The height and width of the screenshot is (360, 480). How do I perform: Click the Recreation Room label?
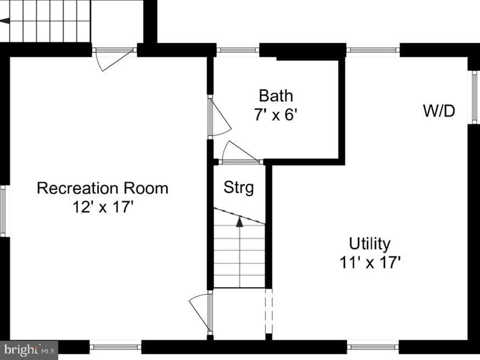coord(103,188)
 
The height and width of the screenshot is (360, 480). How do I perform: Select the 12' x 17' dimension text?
coord(103,207)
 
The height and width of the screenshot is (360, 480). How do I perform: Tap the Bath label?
coord(276,95)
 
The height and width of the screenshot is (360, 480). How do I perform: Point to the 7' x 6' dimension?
coord(276,115)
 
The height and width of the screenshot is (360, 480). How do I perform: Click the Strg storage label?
coord(239,187)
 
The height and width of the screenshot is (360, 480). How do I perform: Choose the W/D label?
coord(439,111)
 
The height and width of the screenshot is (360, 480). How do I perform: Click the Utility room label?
coord(370,244)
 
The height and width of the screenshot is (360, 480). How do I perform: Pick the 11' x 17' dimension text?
coord(370,262)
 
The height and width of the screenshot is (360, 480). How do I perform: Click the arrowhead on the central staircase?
coord(239,222)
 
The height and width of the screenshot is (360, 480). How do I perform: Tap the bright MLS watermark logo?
coord(30,350)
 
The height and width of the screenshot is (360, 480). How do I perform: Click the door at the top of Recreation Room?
coord(114,60)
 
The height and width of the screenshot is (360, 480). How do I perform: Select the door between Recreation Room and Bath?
coord(219,116)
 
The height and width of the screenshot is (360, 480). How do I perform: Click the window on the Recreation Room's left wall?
coord(3,211)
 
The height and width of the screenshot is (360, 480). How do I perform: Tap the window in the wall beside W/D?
coord(475,97)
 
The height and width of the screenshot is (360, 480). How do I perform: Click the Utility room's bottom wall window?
coord(373,347)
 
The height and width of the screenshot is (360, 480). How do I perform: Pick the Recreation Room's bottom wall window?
coord(115,347)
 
